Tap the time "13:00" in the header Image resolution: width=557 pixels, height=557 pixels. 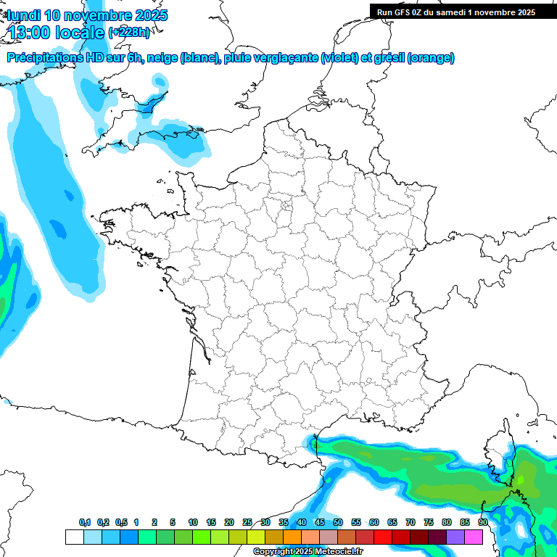pyautogui.click(x=33, y=32)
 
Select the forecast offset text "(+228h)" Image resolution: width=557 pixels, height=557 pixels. pyautogui.click(x=130, y=32)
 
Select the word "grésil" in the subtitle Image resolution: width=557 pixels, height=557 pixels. pyautogui.click(x=388, y=58)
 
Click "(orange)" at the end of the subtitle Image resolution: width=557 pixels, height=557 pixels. pyautogui.click(x=432, y=58)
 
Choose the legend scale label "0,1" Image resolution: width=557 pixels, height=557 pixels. pyautogui.click(x=85, y=523)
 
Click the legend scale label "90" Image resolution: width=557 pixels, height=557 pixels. pyautogui.click(x=482, y=523)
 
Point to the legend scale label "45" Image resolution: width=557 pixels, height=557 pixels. pyautogui.click(x=320, y=523)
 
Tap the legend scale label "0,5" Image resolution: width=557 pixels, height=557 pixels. pyautogui.click(x=121, y=523)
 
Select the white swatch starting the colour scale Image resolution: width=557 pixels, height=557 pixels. pyautogui.click(x=74, y=537)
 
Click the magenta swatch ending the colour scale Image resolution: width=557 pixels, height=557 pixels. pyautogui.click(x=474, y=537)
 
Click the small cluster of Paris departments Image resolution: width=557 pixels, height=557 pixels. pyautogui.click(x=286, y=206)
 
